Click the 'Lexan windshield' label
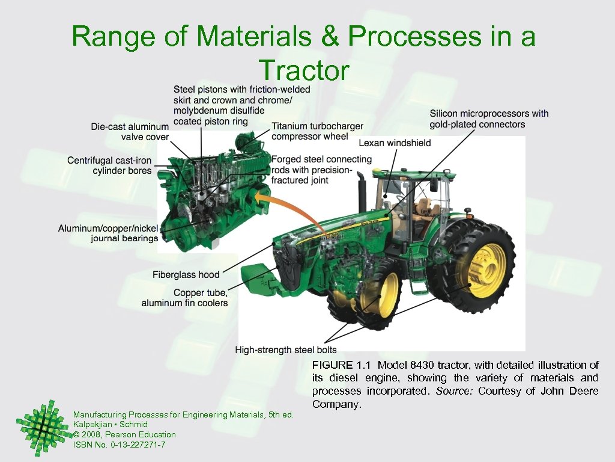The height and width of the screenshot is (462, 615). [395, 143]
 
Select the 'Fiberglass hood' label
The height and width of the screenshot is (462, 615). [186, 274]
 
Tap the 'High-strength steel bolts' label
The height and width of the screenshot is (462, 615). [285, 350]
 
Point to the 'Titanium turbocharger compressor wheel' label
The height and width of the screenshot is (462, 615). [317, 131]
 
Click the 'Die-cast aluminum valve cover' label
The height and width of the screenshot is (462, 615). [130, 131]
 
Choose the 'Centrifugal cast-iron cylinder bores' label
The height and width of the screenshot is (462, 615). [109, 165]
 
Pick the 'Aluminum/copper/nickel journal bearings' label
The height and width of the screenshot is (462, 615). [108, 233]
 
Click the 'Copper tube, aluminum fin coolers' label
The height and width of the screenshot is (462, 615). [185, 298]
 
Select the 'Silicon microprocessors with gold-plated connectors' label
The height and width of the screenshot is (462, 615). [489, 119]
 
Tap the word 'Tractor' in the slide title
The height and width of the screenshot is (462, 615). [303, 71]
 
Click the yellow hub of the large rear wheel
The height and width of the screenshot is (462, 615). [486, 270]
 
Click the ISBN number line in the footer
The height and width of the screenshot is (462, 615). [119, 445]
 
